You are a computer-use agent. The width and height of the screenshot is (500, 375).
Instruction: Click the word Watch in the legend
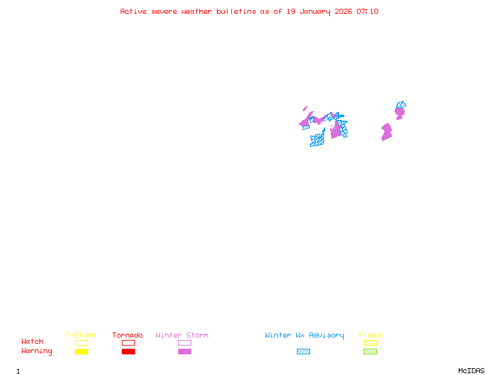pos(32,342)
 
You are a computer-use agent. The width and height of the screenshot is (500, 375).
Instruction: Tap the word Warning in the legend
pos(37,351)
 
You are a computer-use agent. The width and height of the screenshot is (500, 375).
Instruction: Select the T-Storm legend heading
pos(81,336)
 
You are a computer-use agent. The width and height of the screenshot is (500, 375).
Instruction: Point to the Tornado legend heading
pos(127,336)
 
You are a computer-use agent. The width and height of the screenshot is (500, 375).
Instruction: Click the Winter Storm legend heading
pos(182,336)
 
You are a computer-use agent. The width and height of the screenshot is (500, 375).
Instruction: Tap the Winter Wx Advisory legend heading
pos(304,336)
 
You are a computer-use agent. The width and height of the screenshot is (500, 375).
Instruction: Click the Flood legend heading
pos(370,336)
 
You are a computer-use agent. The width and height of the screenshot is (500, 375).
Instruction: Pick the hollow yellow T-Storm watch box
pos(81,342)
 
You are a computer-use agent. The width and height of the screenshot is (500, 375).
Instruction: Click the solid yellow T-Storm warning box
pos(81,351)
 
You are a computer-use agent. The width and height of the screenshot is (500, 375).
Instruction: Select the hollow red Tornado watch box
pos(128,342)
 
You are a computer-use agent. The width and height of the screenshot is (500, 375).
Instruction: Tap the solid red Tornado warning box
pos(128,351)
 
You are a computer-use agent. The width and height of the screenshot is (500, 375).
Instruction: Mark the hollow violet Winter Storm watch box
pos(184,342)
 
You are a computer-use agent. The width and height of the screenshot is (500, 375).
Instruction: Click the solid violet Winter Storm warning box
pos(184,351)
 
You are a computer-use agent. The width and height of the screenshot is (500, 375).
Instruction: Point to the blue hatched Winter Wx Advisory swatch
pos(303,351)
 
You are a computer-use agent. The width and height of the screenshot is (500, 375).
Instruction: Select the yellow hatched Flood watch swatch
pos(370,342)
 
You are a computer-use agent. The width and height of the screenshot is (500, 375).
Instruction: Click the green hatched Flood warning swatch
pos(370,351)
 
